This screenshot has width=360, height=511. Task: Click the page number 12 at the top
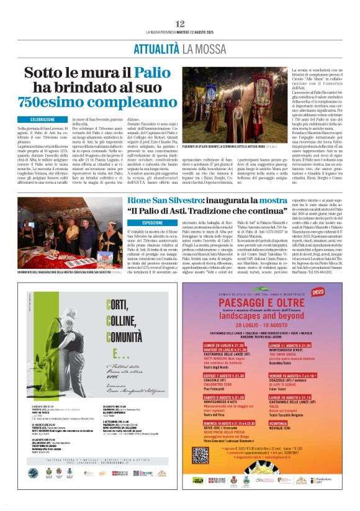(180, 23)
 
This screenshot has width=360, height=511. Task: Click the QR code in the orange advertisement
(200, 454)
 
